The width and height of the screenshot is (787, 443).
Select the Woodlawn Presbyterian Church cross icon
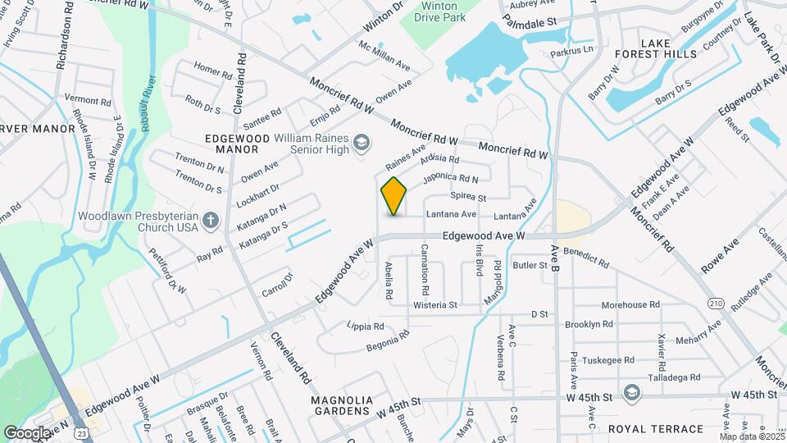(x=212, y=220)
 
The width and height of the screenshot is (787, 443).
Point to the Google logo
(x=26, y=432)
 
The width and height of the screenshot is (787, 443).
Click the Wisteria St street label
(x=434, y=305)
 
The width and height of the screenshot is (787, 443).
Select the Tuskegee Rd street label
(x=605, y=360)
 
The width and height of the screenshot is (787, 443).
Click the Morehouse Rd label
(x=630, y=305)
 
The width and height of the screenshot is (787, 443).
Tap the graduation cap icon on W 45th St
(x=630, y=393)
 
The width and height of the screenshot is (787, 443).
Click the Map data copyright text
(x=750, y=436)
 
